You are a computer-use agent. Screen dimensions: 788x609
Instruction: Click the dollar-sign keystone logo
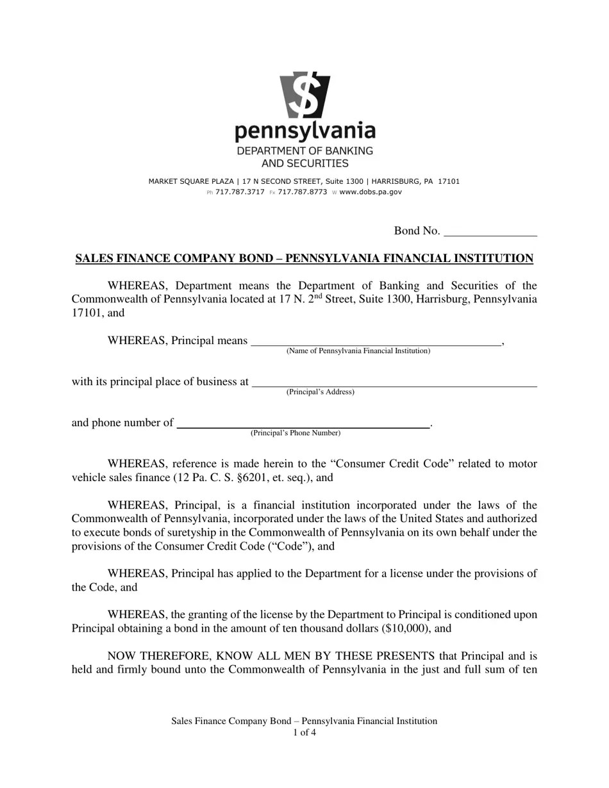304,95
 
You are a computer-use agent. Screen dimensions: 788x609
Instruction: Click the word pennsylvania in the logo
304,131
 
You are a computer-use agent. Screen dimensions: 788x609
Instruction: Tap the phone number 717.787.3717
240,192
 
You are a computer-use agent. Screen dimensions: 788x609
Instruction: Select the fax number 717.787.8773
303,192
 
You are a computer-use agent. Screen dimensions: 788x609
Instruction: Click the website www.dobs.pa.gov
371,192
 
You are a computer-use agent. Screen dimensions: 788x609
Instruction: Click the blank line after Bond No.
490,233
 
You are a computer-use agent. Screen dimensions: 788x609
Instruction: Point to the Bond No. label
417,231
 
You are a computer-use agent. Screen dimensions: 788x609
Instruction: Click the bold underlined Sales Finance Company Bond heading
304,259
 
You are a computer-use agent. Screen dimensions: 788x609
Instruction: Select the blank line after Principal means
376,341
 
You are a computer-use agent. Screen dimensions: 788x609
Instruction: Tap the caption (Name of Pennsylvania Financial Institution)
358,351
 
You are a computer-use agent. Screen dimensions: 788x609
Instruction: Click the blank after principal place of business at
394,383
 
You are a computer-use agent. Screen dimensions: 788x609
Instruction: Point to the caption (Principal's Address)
320,392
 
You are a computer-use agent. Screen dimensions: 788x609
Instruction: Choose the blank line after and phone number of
303,424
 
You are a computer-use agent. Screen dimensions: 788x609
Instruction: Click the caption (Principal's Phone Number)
296,433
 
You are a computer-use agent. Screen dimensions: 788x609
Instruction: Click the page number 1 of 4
304,732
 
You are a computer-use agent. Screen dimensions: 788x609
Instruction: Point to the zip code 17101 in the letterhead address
449,181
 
